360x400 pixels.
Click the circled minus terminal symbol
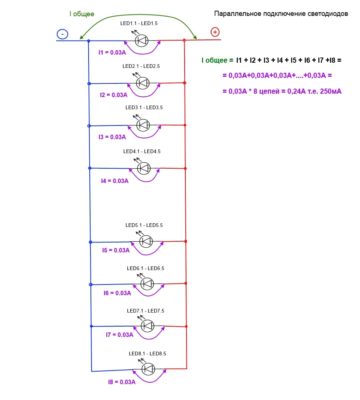[62, 34]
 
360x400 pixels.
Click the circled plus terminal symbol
[215, 32]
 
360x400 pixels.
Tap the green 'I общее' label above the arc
[82, 14]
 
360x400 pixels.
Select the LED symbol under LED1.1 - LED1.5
[142, 41]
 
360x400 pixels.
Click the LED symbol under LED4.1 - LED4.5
[144, 168]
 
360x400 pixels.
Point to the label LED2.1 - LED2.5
[141, 66]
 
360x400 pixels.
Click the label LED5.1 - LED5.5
[144, 225]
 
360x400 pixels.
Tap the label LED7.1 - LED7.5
[145, 311]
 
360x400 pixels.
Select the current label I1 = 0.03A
[112, 52]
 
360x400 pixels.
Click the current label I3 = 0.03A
[112, 137]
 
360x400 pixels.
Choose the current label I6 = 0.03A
[117, 293]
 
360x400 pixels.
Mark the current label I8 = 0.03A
[122, 382]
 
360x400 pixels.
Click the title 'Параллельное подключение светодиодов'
[281, 14]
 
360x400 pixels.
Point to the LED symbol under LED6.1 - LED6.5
[147, 284]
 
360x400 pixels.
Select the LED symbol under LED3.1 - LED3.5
[143, 125]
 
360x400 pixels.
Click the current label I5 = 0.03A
[116, 250]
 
